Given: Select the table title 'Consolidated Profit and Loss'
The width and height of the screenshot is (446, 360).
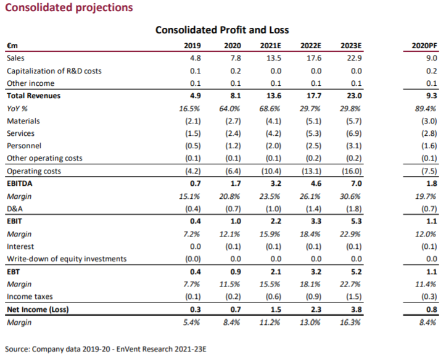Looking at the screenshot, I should click(x=222, y=30).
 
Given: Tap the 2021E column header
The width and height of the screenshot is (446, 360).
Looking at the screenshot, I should click(x=272, y=46).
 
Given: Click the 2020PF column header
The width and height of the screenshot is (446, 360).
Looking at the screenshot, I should click(x=424, y=46).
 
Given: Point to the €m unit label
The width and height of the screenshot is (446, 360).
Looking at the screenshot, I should click(x=11, y=46).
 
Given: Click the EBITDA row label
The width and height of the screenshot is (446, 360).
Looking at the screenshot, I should click(x=20, y=183).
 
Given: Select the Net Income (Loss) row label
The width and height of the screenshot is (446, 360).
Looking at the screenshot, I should click(x=36, y=309).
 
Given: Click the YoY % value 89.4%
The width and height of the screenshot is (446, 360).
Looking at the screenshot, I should click(x=426, y=108).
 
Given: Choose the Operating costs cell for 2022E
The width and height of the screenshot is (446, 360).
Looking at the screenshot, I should click(x=312, y=171).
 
